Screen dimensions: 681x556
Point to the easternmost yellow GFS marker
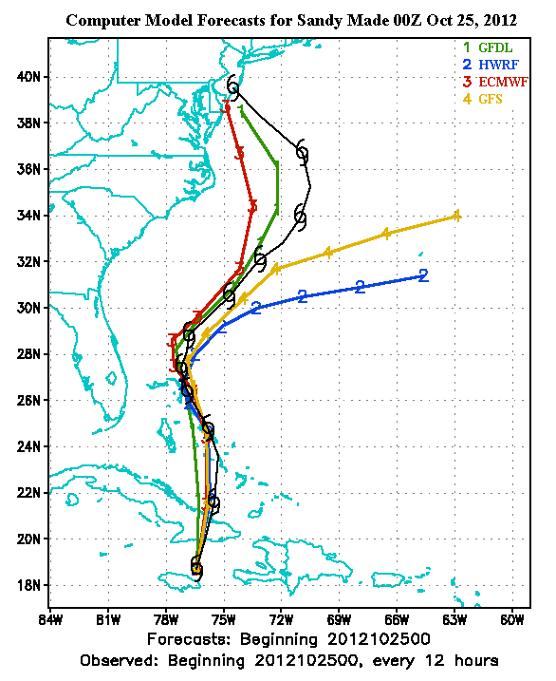(x=456, y=216)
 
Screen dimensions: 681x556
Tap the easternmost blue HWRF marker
(x=423, y=276)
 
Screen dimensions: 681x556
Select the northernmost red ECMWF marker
(x=226, y=107)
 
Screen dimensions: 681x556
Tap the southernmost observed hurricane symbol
(x=196, y=568)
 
